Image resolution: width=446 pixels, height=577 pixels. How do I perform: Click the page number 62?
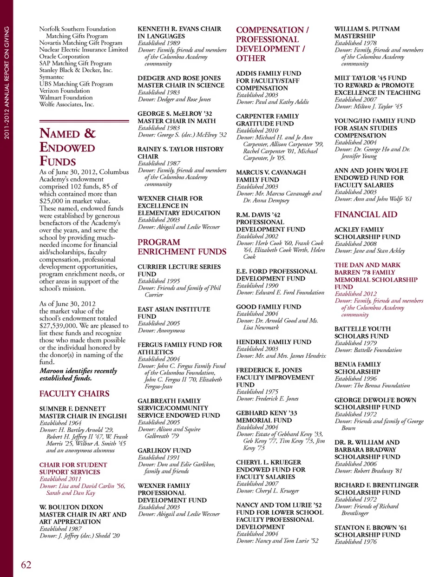(x=26, y=564)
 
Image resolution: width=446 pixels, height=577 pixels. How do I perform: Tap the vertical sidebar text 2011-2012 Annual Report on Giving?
(x=7, y=83)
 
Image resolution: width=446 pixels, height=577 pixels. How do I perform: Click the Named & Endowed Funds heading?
(x=67, y=147)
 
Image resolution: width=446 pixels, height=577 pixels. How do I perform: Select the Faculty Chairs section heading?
(x=74, y=393)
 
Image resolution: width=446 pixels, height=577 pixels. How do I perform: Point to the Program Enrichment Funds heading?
(x=182, y=247)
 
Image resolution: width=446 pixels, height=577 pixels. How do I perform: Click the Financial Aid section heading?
(x=366, y=215)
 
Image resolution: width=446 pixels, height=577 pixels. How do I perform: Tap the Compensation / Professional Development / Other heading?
(x=272, y=44)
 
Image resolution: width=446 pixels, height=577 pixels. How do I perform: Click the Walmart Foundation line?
(x=66, y=98)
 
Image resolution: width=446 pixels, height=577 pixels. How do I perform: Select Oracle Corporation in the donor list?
(x=64, y=56)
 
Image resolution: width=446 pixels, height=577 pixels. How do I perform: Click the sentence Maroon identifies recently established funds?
(x=78, y=374)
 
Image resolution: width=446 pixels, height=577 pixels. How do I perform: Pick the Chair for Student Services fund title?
(x=73, y=468)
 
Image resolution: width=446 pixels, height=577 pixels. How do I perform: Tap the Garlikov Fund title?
(x=164, y=451)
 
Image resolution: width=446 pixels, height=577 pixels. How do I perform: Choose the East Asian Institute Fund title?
(x=173, y=313)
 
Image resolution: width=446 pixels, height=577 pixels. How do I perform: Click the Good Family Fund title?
(x=268, y=307)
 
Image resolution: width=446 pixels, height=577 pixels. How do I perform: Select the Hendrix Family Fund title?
(x=273, y=342)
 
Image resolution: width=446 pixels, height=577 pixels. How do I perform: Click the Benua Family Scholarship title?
(x=357, y=368)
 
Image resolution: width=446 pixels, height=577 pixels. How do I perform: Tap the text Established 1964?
(x=60, y=423)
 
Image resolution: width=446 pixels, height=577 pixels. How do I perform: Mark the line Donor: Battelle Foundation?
(x=368, y=350)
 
